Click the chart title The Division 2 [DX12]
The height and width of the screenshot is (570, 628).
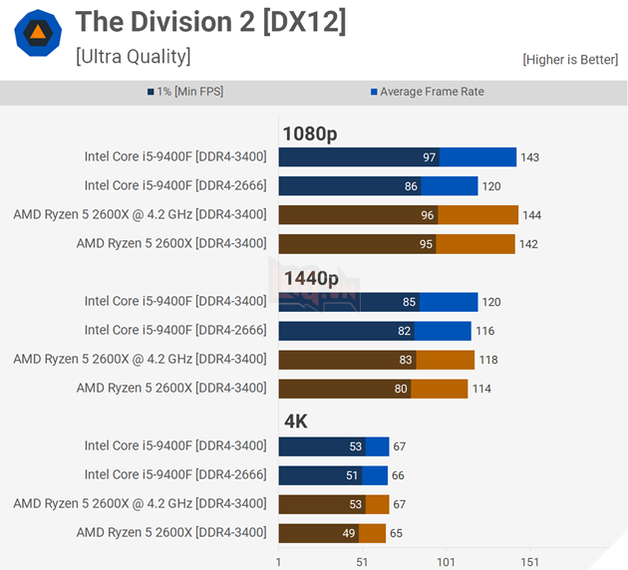(210, 22)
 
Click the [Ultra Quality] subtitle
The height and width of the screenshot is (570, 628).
(133, 56)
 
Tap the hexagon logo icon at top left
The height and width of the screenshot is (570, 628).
(37, 33)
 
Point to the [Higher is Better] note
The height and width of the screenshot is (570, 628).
(569, 60)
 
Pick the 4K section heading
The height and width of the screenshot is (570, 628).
(295, 422)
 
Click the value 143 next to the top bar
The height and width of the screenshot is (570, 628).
(530, 157)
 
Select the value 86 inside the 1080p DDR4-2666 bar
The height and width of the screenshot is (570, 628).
(411, 186)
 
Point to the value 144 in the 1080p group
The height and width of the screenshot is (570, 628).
(532, 215)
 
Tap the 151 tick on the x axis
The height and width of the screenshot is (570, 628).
(529, 562)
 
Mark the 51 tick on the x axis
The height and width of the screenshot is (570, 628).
(362, 562)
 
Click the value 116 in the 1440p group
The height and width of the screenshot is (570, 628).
(484, 331)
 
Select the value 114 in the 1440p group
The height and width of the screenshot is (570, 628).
(480, 389)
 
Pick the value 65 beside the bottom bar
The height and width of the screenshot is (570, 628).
(397, 533)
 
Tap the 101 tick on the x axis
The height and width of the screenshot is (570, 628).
(446, 562)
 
